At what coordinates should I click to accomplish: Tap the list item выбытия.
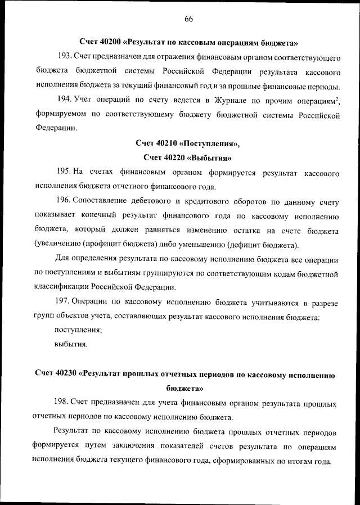click(71, 345)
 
